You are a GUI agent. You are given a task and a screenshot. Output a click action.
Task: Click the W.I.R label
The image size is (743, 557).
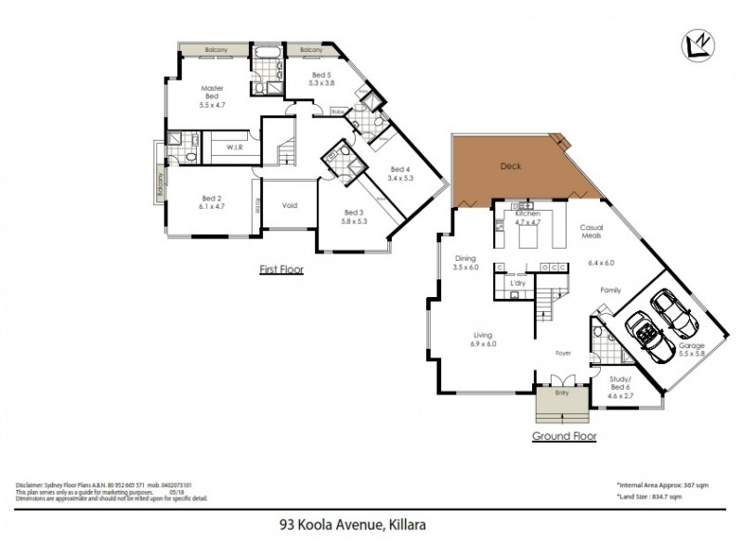233,147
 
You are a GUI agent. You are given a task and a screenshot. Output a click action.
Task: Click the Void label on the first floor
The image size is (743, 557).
290,206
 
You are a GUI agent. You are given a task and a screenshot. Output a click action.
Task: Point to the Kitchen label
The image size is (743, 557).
528,214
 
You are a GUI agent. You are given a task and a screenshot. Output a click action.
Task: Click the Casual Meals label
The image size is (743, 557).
593,231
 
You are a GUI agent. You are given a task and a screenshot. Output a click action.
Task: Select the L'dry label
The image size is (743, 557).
518,283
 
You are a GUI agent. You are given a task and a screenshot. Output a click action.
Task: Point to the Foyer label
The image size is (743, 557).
563,354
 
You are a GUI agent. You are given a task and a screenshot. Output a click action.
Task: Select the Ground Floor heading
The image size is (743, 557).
564,435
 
